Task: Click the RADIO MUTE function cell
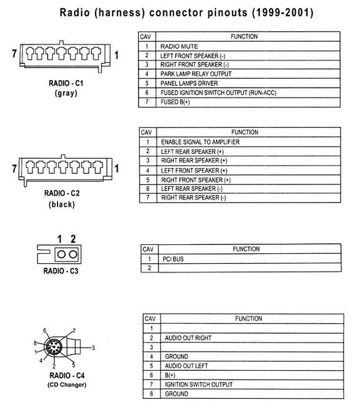[179, 46]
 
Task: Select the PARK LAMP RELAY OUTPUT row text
[196, 74]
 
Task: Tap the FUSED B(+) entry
[175, 102]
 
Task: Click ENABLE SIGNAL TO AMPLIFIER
[200, 142]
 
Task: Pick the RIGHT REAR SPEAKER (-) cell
[194, 197]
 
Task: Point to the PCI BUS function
[173, 259]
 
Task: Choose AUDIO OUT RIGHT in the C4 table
[188, 338]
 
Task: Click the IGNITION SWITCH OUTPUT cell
[198, 385]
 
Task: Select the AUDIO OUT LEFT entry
[186, 366]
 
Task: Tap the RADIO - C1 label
[66, 83]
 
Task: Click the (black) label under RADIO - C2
[62, 204]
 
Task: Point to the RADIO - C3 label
[60, 271]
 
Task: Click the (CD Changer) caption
[67, 385]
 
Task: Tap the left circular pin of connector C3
[61, 254]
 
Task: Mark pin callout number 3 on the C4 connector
[93, 348]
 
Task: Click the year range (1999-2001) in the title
[283, 13]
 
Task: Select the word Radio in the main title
[75, 13]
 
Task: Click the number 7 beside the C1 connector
[14, 53]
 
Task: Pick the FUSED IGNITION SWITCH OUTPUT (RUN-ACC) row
[218, 93]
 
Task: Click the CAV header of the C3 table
[148, 249]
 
